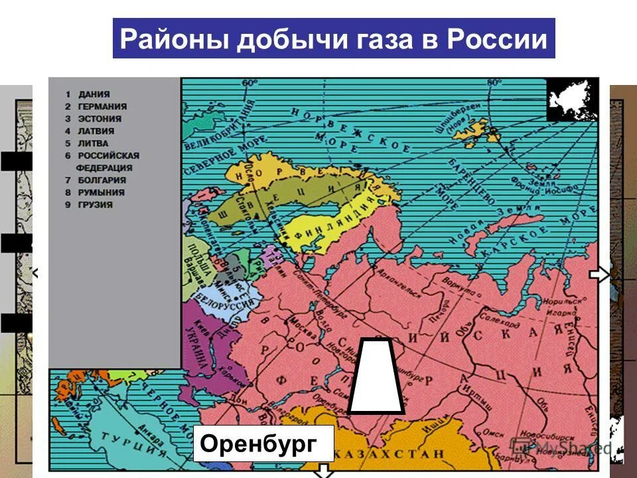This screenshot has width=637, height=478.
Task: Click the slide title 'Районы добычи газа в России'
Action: tap(333, 40)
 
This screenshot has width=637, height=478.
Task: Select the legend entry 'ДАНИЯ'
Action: tap(93, 94)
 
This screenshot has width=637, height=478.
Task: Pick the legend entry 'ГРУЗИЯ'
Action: tap(95, 205)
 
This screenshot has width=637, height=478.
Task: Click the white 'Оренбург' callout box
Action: tap(263, 443)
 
